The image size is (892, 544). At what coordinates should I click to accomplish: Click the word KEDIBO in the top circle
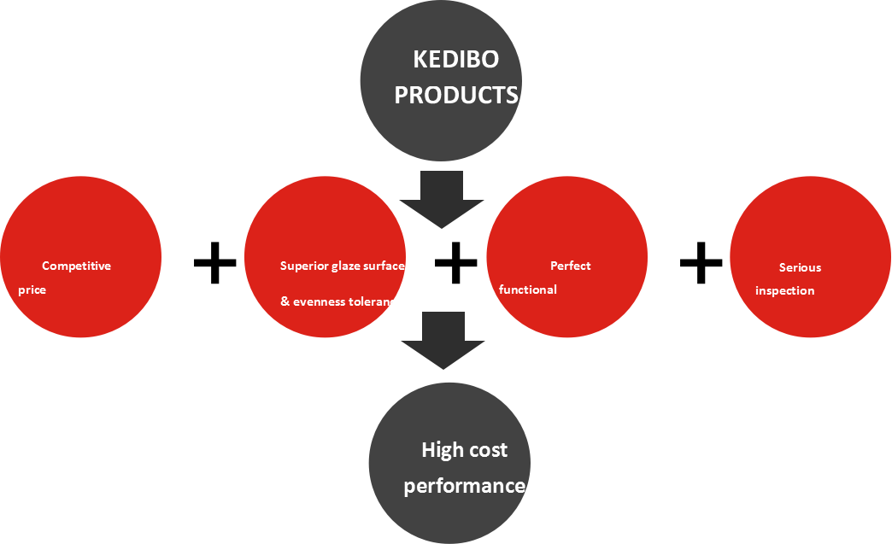(x=455, y=59)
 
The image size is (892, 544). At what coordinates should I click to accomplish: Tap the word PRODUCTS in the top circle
(x=455, y=95)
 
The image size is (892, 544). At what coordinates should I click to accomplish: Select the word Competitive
(x=76, y=266)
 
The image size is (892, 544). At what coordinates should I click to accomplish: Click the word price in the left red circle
(x=32, y=290)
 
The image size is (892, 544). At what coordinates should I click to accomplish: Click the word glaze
(x=343, y=266)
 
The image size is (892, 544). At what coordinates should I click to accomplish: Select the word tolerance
(x=375, y=301)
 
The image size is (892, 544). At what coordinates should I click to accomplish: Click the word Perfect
(x=570, y=266)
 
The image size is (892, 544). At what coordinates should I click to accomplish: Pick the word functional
(x=527, y=290)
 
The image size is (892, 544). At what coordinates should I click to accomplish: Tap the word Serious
(x=800, y=267)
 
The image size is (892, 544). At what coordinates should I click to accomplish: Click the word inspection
(x=784, y=290)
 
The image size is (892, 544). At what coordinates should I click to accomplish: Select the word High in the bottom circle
(x=442, y=449)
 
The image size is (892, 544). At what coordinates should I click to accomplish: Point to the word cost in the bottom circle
(x=488, y=449)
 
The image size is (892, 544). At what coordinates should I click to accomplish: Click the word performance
(x=464, y=486)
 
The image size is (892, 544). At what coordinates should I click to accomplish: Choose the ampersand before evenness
(x=285, y=301)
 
